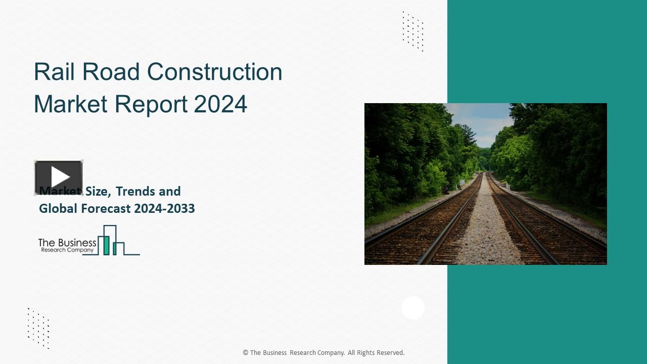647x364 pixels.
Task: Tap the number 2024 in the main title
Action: point(220,104)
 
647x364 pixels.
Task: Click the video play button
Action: point(59,177)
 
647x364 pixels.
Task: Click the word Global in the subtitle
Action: point(57,208)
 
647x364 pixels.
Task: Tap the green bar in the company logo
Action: point(106,245)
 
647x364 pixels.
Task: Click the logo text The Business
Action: point(67,243)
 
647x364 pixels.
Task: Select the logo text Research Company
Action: point(67,250)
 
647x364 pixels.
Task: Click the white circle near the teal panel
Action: point(413,308)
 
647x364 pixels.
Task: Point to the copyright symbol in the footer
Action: point(246,353)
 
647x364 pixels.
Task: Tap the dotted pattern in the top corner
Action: point(413,31)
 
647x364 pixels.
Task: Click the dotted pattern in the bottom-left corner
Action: point(38,328)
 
